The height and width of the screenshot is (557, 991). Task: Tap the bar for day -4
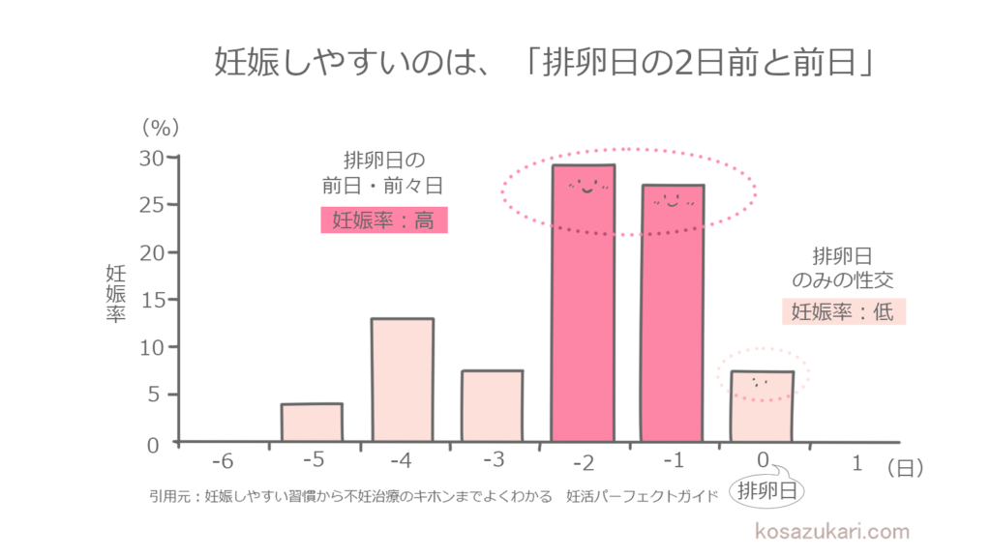[x=402, y=380]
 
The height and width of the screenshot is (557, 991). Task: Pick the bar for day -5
[x=312, y=423]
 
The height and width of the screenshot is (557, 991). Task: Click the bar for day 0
[x=762, y=406]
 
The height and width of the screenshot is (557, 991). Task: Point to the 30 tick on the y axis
[x=152, y=158]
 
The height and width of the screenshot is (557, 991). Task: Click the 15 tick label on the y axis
[x=152, y=300]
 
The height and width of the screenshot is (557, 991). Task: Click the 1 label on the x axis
[x=856, y=464]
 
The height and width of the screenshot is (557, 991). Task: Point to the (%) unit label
[x=161, y=127]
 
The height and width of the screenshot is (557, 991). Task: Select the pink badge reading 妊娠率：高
[x=384, y=220]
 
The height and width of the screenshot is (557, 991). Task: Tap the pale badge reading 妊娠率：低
[x=843, y=311]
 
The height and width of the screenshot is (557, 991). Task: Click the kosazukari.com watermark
[x=831, y=531]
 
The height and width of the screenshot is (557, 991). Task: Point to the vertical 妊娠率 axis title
[x=115, y=293]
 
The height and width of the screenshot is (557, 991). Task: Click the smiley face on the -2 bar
[x=583, y=186]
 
